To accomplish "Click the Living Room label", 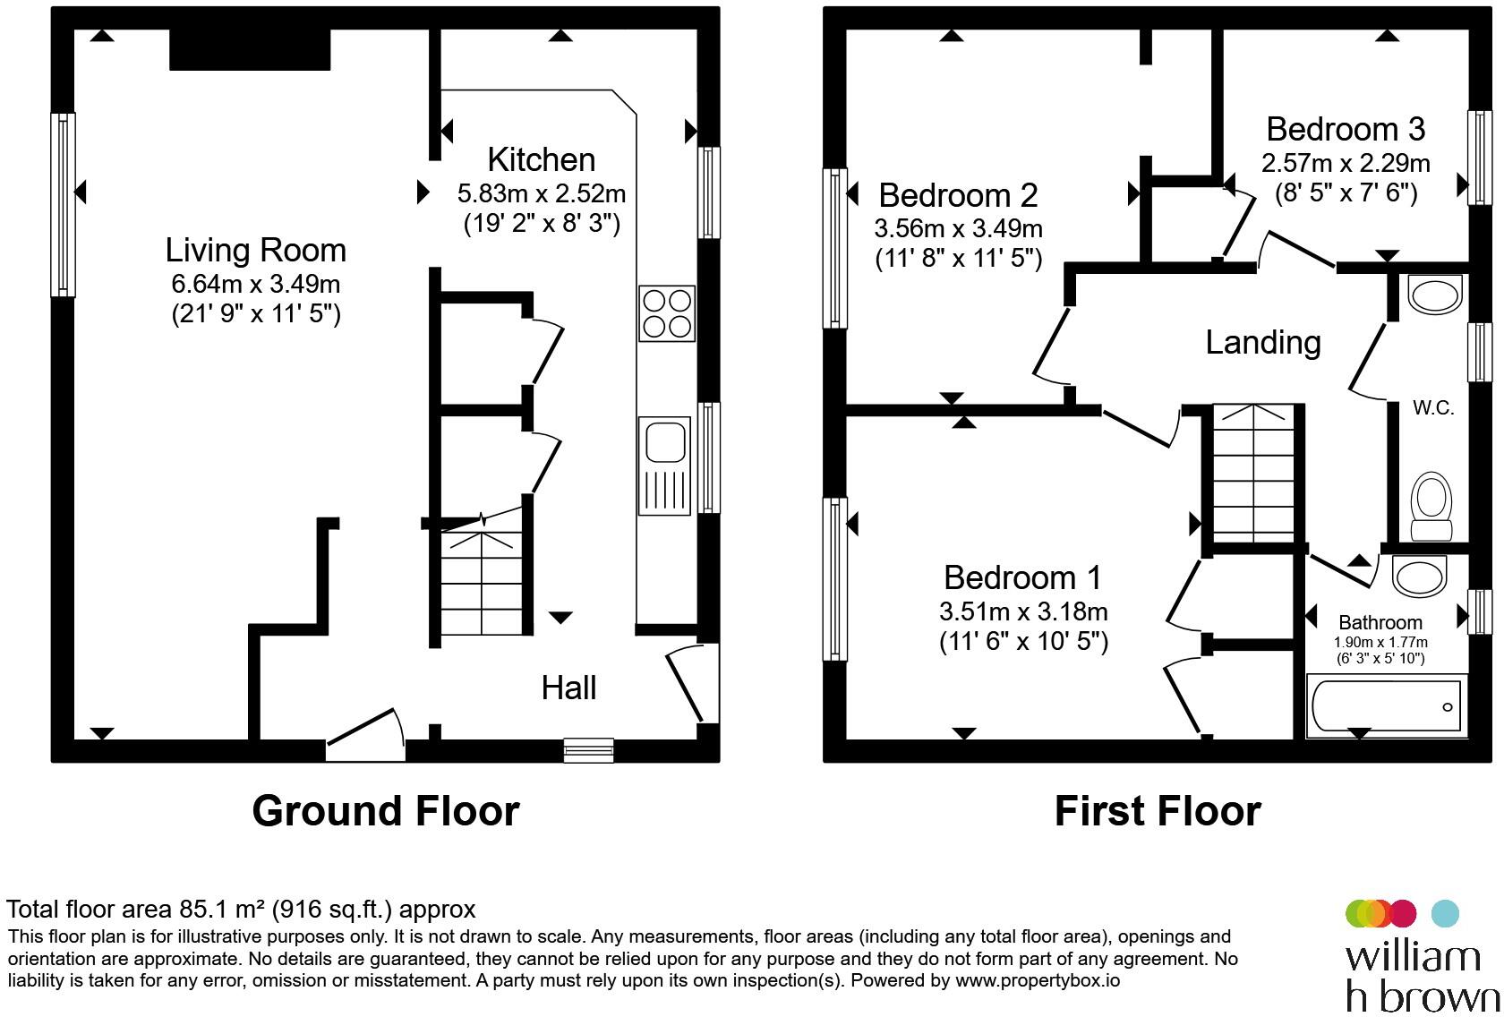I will click(256, 250).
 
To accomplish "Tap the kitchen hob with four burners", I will click(667, 313).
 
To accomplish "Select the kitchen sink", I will click(664, 465).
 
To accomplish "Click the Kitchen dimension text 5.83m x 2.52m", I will click(541, 193).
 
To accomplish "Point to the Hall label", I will click(568, 688).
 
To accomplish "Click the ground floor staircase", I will click(481, 581).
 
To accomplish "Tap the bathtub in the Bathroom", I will click(1384, 705).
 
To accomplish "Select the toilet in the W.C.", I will click(1431, 508).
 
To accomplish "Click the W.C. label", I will click(1432, 408).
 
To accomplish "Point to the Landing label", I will click(1262, 342).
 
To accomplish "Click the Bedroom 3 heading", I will click(1345, 129).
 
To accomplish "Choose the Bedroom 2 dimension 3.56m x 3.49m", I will click(958, 228).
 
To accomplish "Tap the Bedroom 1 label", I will click(1022, 577).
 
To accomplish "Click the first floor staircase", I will click(1252, 474).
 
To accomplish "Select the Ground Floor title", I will click(385, 811).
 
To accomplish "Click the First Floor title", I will click(1157, 811).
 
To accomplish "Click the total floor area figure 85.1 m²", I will click(215, 910).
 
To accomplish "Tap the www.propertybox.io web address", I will click(1037, 980).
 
